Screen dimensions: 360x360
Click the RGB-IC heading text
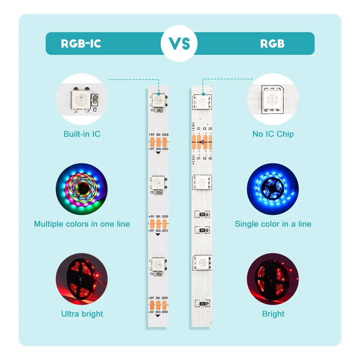tap(81, 44)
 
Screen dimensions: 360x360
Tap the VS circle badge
tap(179, 43)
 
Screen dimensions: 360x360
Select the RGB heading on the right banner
tap(272, 44)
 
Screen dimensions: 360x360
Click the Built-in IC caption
tap(82, 134)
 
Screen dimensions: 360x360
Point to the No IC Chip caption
tap(273, 134)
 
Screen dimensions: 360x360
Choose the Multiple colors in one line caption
tap(82, 224)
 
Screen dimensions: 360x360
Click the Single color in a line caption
tap(273, 224)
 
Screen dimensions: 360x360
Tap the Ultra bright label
tap(82, 314)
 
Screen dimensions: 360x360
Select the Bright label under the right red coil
tap(273, 314)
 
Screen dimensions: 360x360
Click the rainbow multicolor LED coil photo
tap(82, 189)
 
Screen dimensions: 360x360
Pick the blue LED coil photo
tap(273, 189)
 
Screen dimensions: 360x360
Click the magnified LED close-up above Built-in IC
tap(82, 99)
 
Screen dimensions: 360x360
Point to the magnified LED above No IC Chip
tap(273, 99)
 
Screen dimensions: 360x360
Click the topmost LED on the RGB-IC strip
tap(158, 100)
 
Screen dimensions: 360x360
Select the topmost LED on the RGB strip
tap(202, 101)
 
